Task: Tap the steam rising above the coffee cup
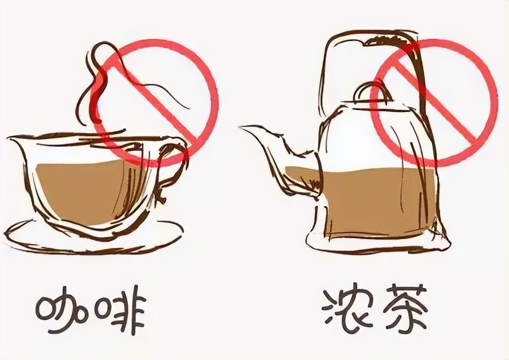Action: (97, 81)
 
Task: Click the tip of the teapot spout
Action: (241, 127)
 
